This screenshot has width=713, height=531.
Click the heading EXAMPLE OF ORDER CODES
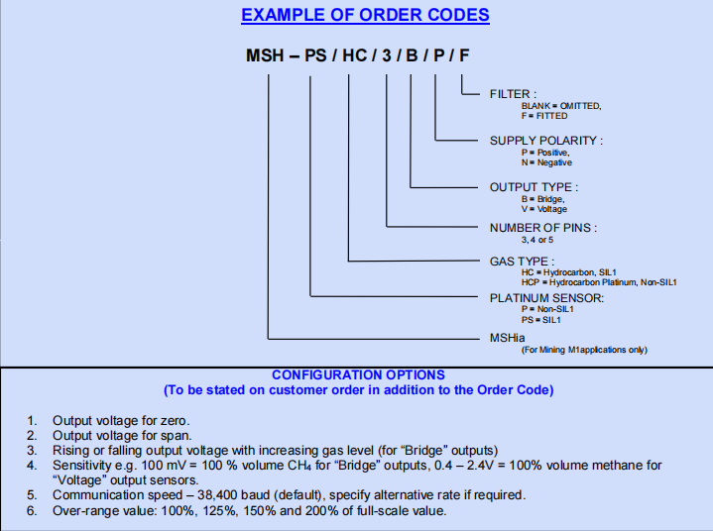coord(365,16)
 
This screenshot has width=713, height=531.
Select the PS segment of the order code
coord(315,56)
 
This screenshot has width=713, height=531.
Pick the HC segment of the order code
coord(354,56)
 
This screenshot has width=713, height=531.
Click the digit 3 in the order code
coord(388,56)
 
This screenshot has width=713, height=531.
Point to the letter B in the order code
coord(412,56)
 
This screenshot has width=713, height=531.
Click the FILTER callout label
coord(514,94)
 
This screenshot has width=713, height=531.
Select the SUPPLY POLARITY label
coord(545,141)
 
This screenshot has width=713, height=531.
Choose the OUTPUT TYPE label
coord(534,186)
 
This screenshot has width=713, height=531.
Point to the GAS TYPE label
coord(522,262)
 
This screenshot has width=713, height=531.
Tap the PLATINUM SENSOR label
coord(546,297)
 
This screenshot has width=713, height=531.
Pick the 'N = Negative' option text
coord(546,162)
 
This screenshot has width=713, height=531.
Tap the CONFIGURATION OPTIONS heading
coord(358,375)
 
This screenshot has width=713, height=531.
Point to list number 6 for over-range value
coord(32,511)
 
